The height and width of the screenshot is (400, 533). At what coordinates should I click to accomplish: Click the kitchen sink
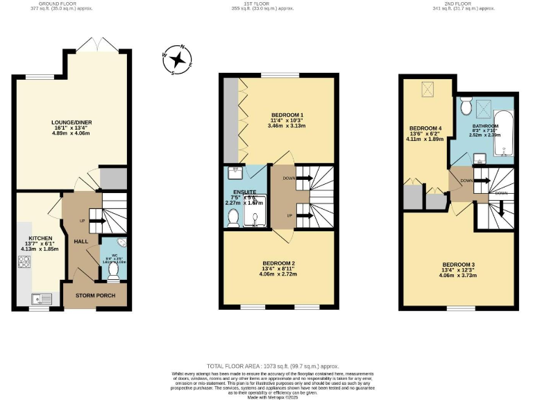point(40,299)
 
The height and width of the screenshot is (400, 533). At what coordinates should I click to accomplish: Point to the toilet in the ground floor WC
point(113,272)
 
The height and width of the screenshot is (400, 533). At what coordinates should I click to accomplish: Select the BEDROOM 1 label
point(287,115)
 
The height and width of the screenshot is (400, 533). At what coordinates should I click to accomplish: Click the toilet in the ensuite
point(233,219)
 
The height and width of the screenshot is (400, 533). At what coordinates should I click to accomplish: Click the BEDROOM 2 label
point(279,263)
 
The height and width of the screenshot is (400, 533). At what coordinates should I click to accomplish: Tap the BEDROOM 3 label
point(459,265)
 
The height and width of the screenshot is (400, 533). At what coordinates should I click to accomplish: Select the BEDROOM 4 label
point(425,128)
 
